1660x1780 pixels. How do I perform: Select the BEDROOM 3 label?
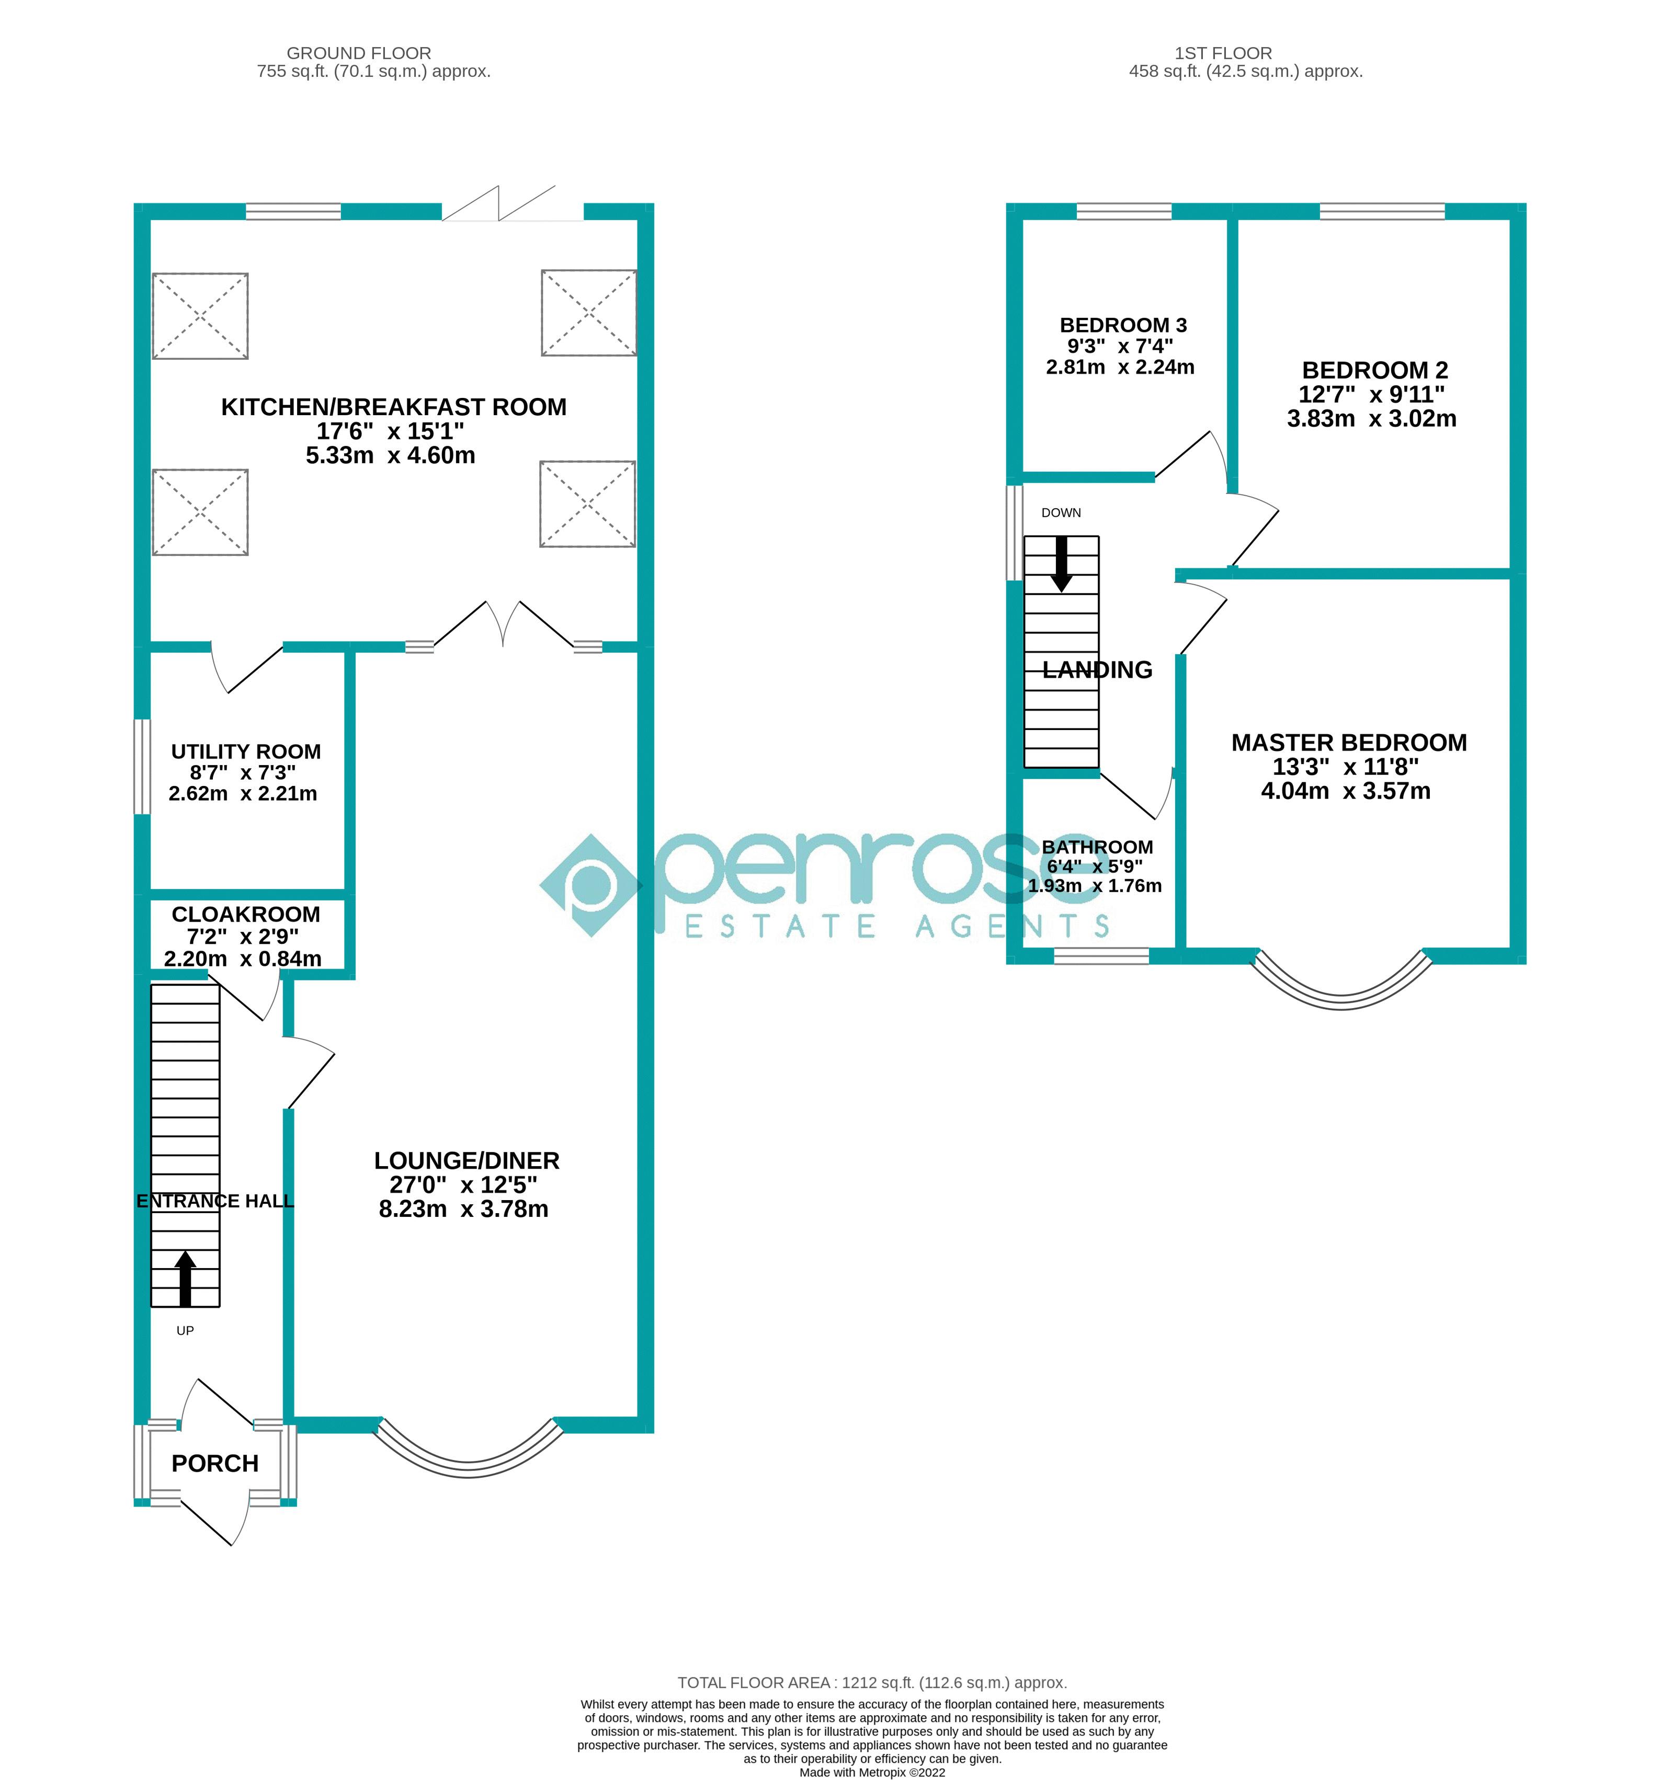tap(1123, 325)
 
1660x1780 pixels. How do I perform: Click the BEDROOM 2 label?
tap(1374, 370)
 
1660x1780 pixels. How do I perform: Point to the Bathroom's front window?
tap(1100, 956)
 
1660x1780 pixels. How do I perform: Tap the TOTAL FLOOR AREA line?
tap(871, 1682)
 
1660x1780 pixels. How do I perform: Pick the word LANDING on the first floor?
tap(1097, 670)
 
